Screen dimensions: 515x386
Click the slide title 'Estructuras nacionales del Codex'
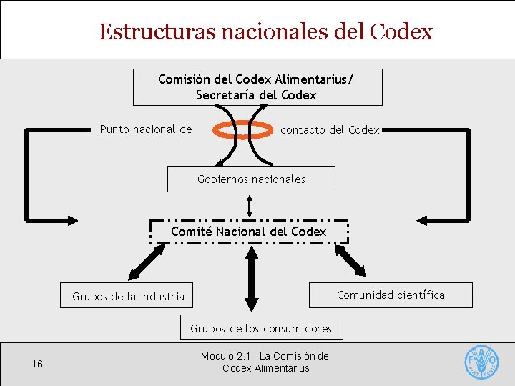click(265, 32)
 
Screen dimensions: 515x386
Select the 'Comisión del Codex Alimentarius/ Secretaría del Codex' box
click(257, 86)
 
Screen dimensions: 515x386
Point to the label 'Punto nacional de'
click(146, 129)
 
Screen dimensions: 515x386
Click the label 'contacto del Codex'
click(330, 129)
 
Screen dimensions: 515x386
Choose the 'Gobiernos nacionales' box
click(251, 179)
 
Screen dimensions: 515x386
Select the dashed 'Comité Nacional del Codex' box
click(249, 232)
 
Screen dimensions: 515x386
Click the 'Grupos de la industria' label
click(128, 296)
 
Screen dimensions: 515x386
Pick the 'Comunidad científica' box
click(391, 295)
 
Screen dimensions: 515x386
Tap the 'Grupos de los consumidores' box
click(261, 328)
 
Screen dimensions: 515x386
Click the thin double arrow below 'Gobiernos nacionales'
click(249, 206)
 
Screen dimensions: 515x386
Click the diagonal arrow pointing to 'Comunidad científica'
click(352, 259)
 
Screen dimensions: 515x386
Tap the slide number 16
click(37, 365)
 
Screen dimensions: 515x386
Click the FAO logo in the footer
click(482, 362)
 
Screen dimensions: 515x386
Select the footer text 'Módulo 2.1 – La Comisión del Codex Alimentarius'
click(265, 362)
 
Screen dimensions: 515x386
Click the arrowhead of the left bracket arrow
click(74, 219)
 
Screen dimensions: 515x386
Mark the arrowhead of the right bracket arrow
click(423, 219)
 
